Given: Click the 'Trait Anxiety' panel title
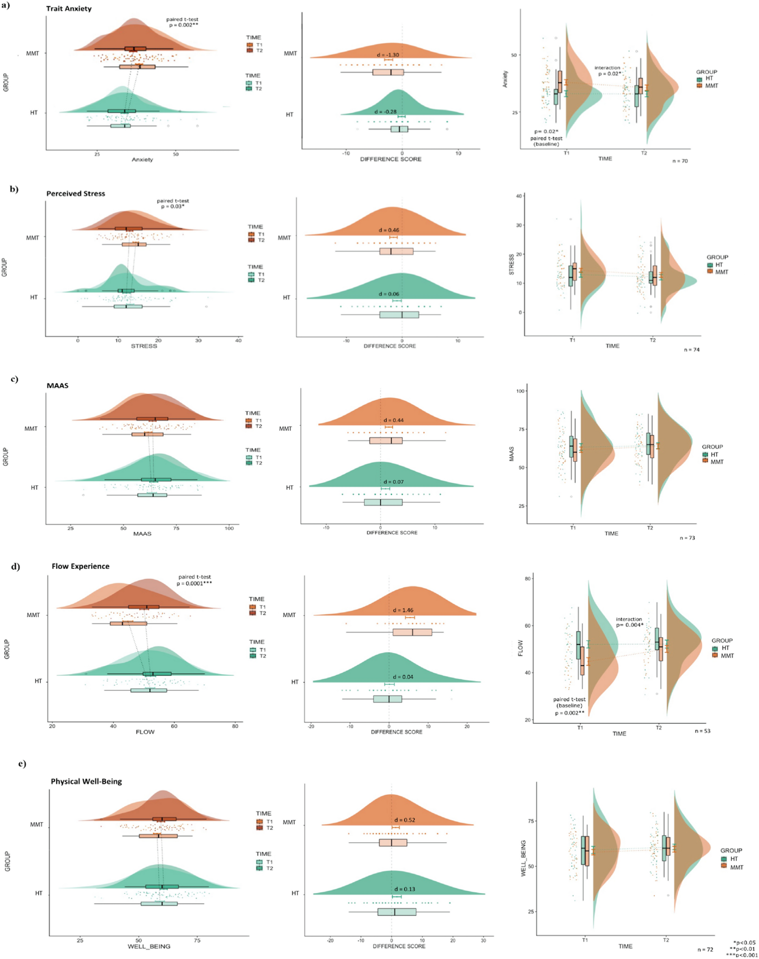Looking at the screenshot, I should point(69,9).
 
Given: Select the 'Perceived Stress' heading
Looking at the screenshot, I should point(75,193).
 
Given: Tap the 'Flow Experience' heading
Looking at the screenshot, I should point(80,566).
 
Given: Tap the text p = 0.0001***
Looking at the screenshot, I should point(194,583).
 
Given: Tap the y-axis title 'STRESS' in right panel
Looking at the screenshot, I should point(511,264).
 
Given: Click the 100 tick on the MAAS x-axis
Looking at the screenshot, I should point(229,528).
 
